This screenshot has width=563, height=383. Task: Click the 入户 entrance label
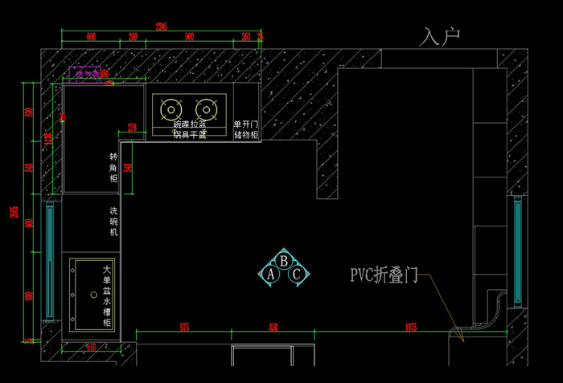[x=441, y=37]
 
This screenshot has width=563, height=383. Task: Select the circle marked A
[x=271, y=275]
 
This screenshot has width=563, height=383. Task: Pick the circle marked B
[x=284, y=260]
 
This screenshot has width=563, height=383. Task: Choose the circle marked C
[x=297, y=275]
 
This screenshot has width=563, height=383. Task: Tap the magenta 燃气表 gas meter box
[x=86, y=74]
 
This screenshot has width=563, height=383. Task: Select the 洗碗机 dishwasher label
[x=114, y=221]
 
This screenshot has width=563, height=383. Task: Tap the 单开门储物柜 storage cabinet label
[x=245, y=130]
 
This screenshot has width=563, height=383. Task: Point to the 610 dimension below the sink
[x=90, y=347]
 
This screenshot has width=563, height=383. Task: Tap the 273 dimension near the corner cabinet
[x=132, y=127]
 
